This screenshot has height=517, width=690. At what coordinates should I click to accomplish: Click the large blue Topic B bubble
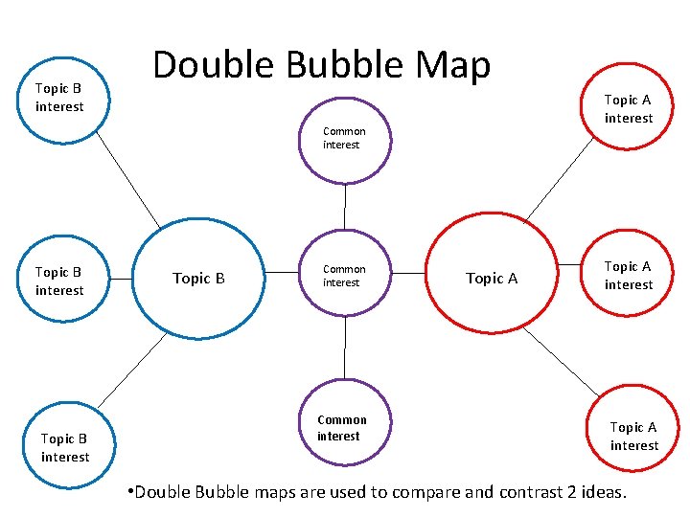(197, 279)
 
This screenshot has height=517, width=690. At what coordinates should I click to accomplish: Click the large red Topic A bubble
(491, 278)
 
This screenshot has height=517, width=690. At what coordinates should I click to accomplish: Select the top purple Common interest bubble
(344, 140)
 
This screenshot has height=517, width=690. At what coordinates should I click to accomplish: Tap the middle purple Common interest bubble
(344, 276)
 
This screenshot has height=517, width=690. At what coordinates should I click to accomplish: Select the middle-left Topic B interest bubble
(60, 281)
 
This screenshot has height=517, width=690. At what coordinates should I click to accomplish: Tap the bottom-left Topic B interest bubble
(64, 447)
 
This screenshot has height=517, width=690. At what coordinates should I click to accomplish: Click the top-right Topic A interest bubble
(629, 107)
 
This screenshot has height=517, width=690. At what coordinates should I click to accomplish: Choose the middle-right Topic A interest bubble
(629, 276)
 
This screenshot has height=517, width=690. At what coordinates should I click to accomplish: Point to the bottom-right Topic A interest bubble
(633, 436)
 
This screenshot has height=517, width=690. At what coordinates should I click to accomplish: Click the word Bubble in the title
(331, 65)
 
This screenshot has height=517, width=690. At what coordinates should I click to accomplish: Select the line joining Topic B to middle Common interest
(282, 274)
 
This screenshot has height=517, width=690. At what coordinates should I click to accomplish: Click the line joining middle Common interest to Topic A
(408, 274)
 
